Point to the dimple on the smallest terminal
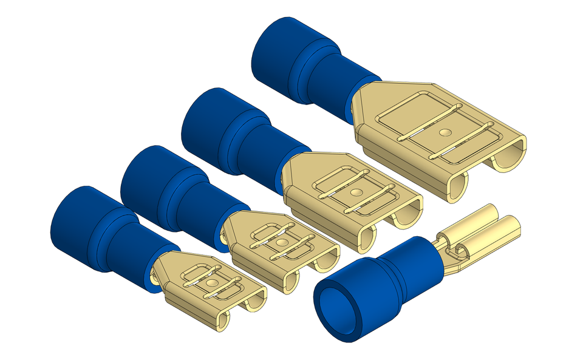pyautogui.click(x=211, y=283)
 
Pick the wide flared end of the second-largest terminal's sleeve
pyautogui.click(x=210, y=121)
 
